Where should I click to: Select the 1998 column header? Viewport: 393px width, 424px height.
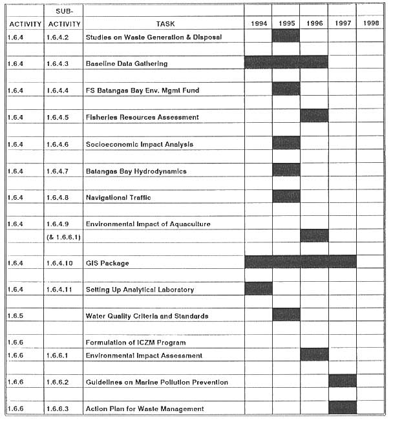click(370, 24)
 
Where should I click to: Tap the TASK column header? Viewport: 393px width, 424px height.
click(165, 24)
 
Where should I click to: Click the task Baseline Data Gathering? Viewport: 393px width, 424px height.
click(127, 63)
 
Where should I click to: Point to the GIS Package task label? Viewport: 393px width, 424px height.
click(107, 263)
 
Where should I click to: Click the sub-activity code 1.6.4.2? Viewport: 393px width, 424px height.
click(63, 37)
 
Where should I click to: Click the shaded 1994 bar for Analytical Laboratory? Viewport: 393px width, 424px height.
click(258, 289)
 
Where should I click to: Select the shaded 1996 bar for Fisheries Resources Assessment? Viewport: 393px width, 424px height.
click(314, 116)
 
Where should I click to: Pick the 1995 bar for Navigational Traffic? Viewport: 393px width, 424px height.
click(286, 196)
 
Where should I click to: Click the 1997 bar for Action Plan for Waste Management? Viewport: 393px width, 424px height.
click(342, 408)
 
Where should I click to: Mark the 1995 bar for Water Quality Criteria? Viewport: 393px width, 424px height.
click(286, 315)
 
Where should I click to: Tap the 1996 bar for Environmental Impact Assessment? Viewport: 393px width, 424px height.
click(314, 355)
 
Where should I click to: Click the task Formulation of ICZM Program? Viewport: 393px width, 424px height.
click(136, 342)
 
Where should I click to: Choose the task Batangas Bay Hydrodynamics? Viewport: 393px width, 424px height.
click(136, 171)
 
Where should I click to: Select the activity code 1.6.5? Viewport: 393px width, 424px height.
click(17, 316)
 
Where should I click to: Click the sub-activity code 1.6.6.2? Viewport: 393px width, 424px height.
click(63, 382)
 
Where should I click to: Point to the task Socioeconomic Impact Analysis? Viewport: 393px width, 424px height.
click(140, 144)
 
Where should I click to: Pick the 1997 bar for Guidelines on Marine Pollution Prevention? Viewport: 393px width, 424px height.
click(342, 381)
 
